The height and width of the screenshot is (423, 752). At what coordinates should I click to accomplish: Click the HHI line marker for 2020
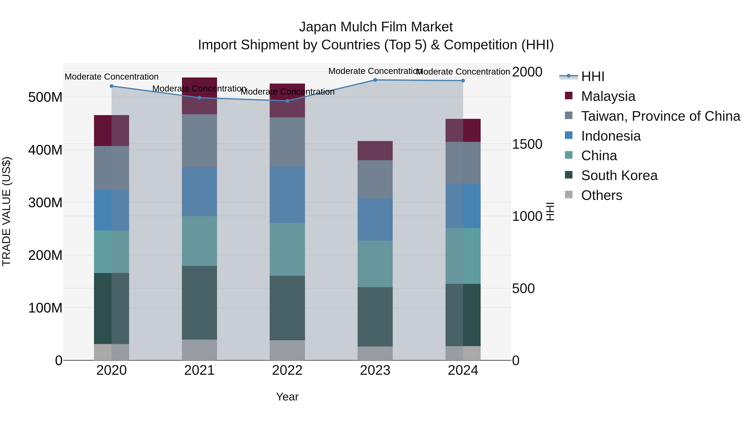(112, 86)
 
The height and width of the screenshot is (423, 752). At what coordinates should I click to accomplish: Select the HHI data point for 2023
(375, 80)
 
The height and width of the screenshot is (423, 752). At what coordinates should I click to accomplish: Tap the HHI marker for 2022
(287, 101)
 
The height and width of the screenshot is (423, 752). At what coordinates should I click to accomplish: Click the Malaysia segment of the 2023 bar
(375, 151)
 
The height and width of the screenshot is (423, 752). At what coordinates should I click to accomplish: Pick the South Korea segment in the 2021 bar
(199, 303)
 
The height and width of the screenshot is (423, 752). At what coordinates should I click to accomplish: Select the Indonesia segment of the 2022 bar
(287, 195)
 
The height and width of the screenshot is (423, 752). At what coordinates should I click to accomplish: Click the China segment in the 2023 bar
(375, 264)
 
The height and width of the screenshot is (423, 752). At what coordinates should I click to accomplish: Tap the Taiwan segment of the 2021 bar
(199, 141)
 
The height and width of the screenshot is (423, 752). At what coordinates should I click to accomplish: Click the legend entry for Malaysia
(608, 96)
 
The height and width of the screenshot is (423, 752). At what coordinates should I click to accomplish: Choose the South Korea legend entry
(619, 175)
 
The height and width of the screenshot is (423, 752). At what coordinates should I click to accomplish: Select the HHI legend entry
(593, 76)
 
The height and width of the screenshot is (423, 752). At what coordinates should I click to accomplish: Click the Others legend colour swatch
(569, 195)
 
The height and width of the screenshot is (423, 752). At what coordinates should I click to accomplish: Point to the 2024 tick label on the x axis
(463, 370)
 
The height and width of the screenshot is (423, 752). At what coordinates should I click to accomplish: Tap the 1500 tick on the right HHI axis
(527, 144)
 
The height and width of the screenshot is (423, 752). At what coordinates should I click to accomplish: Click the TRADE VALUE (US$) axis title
(6, 211)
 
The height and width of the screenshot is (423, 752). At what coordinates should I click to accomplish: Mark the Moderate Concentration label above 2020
(112, 77)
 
